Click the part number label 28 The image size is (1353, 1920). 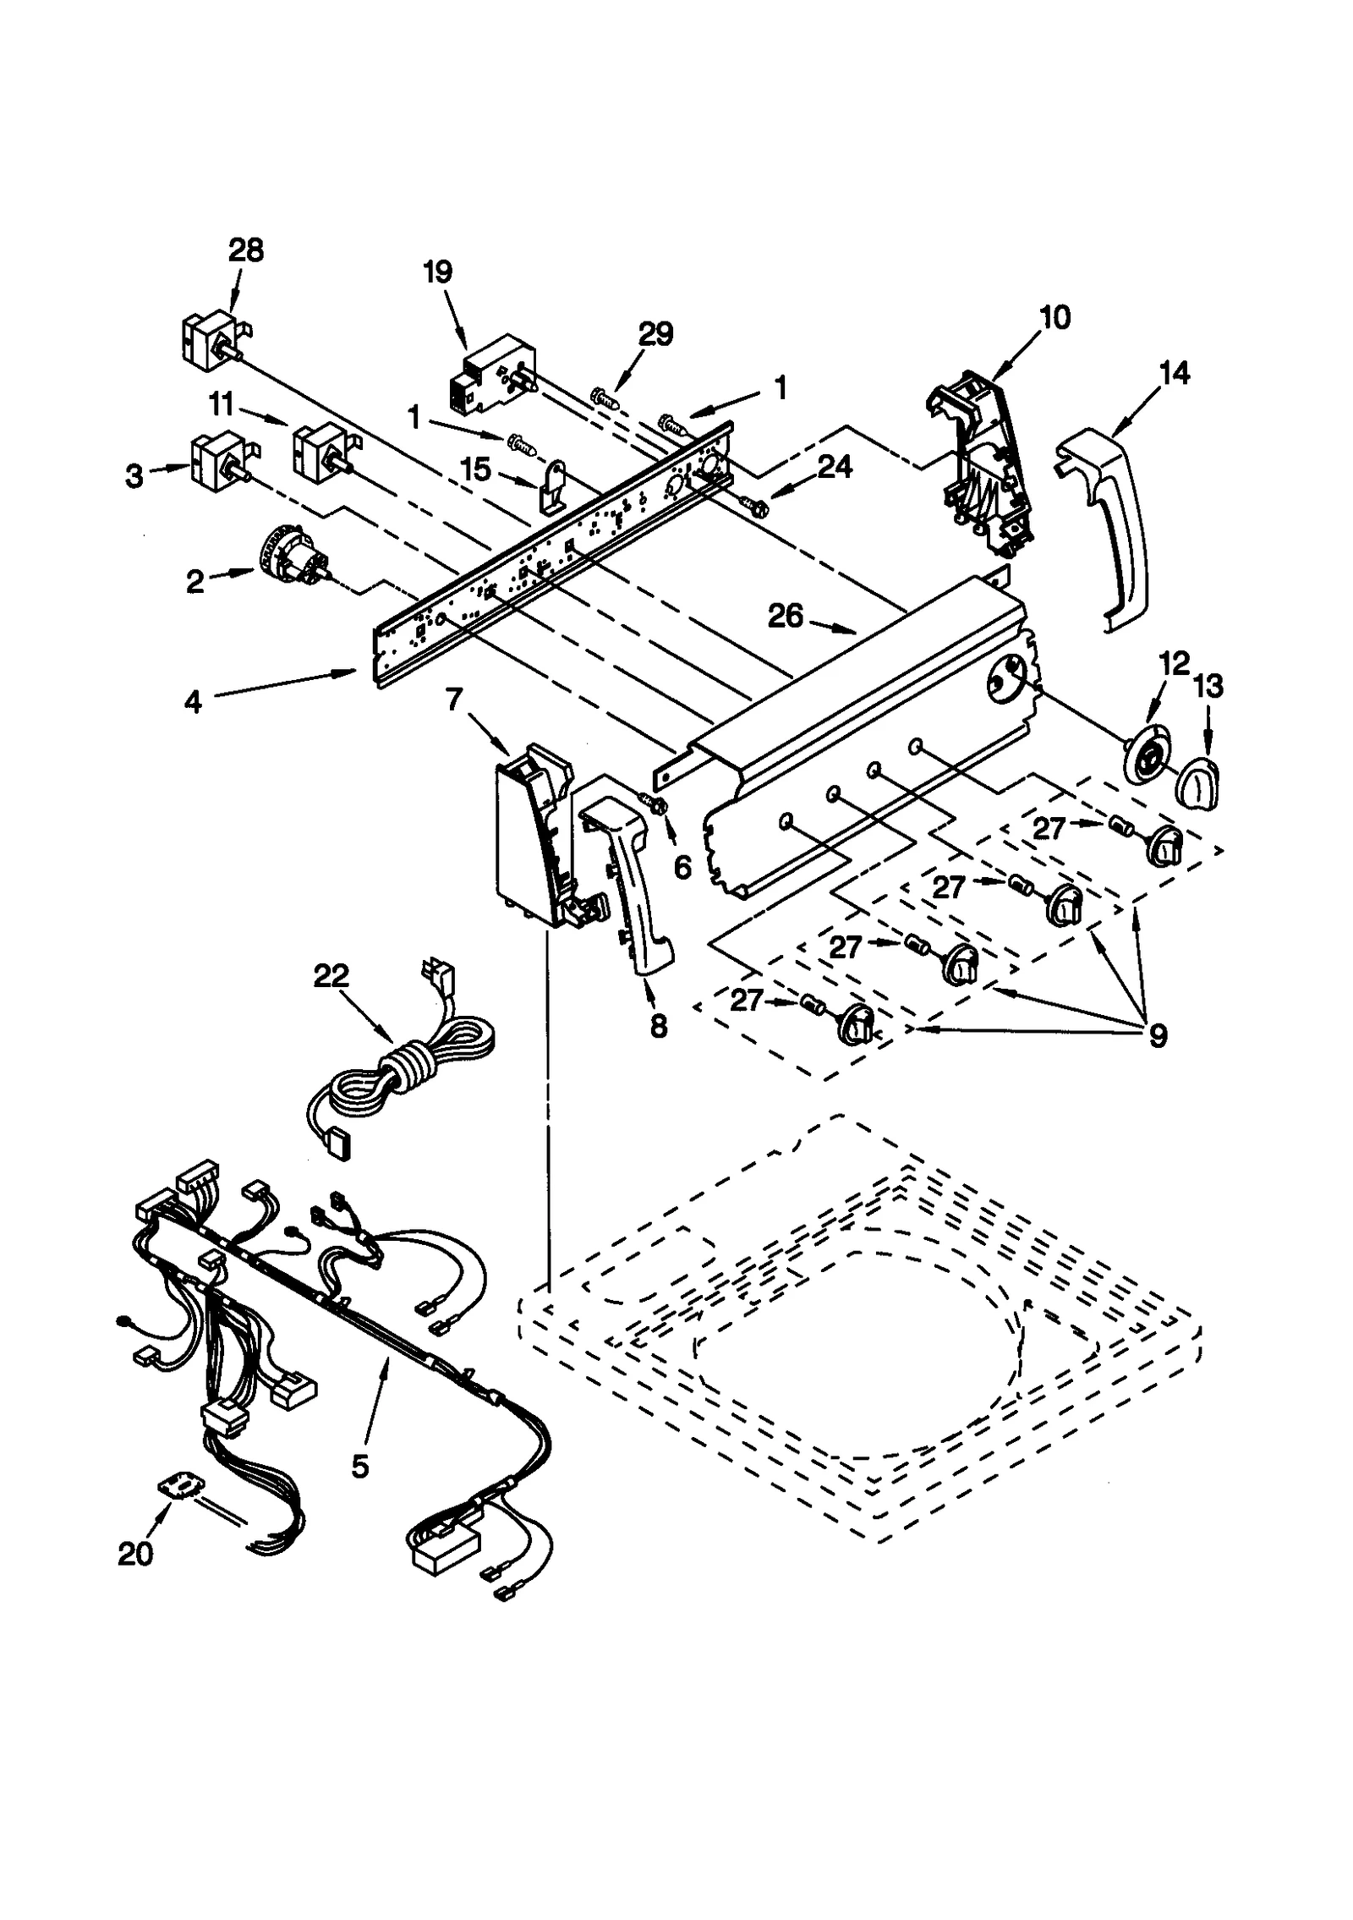point(245,250)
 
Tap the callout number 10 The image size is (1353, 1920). point(1054,317)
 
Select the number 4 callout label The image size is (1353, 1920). point(194,701)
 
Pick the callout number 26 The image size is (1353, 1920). point(785,616)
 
